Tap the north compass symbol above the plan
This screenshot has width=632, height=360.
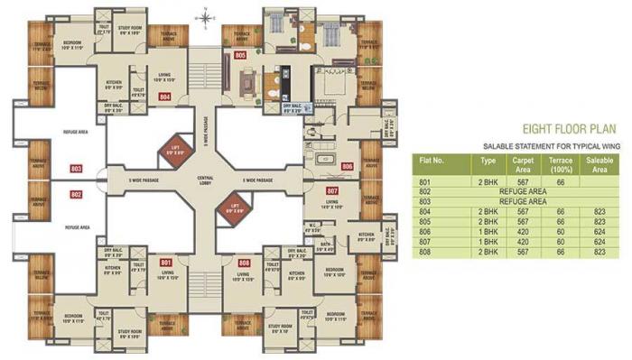[207, 16]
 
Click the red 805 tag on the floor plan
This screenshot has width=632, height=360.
[239, 56]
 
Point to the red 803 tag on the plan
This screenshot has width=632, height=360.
[77, 169]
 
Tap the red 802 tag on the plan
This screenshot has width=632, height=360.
[77, 193]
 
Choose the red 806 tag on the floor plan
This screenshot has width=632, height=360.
[348, 167]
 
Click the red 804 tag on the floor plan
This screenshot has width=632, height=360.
[165, 95]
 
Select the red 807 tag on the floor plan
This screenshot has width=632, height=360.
[331, 191]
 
